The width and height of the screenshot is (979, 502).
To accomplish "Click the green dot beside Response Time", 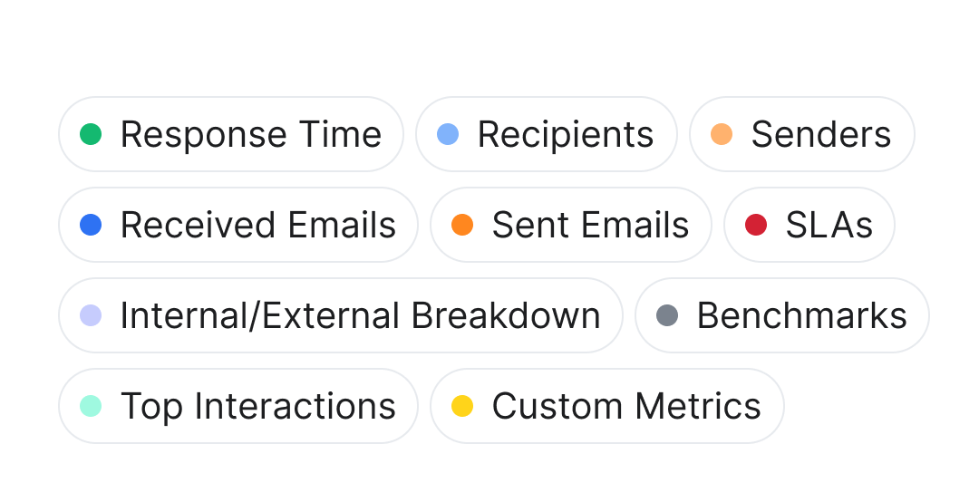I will click(91, 134).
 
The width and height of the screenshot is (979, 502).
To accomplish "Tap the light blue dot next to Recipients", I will click(448, 134).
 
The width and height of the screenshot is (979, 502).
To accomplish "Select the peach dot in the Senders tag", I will click(722, 134).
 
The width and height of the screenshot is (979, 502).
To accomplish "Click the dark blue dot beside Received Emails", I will click(91, 225).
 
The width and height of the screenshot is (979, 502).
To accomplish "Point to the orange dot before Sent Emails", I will click(462, 225).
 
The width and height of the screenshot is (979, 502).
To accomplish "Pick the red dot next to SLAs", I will click(756, 225).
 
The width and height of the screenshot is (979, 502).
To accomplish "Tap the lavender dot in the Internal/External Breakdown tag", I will click(91, 315).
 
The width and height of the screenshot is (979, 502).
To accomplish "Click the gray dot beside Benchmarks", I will click(667, 315).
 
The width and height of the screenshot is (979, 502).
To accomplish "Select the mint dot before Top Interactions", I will click(91, 406).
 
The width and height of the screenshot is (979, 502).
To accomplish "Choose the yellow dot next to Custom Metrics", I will click(462, 406).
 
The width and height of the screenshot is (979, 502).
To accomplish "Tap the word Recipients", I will click(565, 134).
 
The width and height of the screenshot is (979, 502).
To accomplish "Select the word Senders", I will click(820, 134).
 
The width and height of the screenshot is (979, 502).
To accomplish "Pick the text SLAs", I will click(829, 225).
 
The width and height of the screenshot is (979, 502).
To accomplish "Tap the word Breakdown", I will click(506, 315).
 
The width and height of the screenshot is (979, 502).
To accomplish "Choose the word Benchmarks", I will click(801, 315).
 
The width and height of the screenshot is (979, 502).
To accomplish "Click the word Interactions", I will click(295, 406).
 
